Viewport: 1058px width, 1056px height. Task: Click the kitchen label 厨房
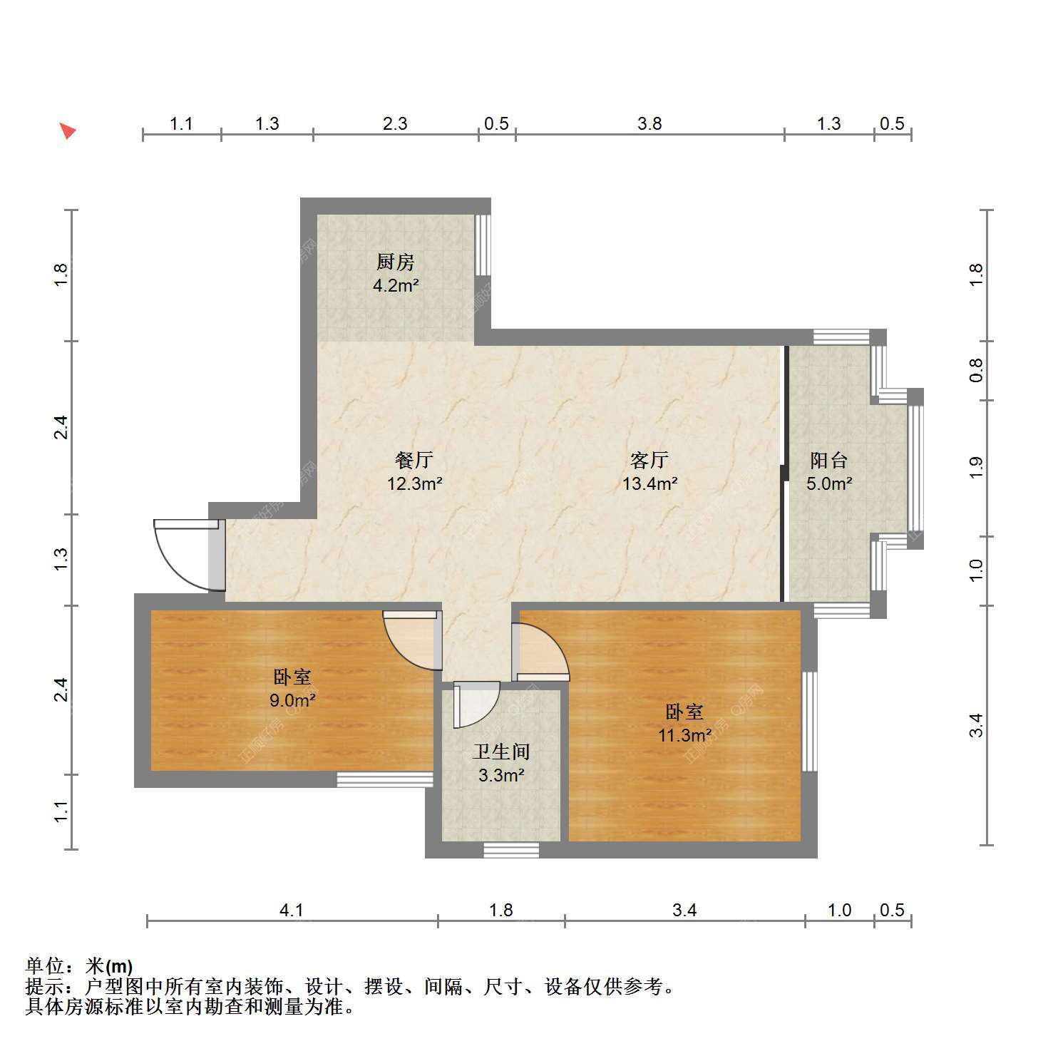[396, 262]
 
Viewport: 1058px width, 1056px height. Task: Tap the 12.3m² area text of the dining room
[415, 484]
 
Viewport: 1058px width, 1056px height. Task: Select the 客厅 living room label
[649, 460]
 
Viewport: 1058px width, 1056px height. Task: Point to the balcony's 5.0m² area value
[830, 484]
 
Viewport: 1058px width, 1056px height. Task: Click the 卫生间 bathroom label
[502, 752]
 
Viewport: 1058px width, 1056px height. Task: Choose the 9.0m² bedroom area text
[292, 700]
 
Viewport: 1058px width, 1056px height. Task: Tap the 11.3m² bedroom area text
[684, 735]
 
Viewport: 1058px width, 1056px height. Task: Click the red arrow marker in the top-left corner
[67, 131]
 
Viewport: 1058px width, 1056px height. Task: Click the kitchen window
[483, 245]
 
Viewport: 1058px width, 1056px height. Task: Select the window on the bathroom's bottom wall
[511, 850]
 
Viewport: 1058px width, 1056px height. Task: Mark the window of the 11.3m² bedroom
[810, 722]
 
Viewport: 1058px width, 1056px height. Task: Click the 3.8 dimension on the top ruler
[649, 124]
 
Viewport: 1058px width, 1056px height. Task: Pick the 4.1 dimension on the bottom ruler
[292, 911]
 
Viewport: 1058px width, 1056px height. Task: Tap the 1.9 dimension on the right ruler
[976, 467]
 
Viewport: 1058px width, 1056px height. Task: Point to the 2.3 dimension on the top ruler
[395, 124]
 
